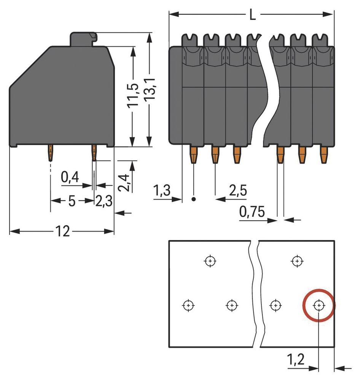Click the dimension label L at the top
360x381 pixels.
[x=252, y=16]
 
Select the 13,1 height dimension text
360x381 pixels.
[x=150, y=91]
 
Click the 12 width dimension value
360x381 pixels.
[x=63, y=231]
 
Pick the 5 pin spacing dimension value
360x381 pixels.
[x=72, y=201]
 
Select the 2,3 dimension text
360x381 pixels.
[x=103, y=201]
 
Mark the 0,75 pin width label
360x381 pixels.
[x=252, y=211]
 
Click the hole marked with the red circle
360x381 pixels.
[x=319, y=305]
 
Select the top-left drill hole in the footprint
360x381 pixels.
[x=210, y=261]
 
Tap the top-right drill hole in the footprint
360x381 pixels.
[x=296, y=261]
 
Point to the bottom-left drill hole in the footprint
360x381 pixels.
[x=188, y=305]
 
